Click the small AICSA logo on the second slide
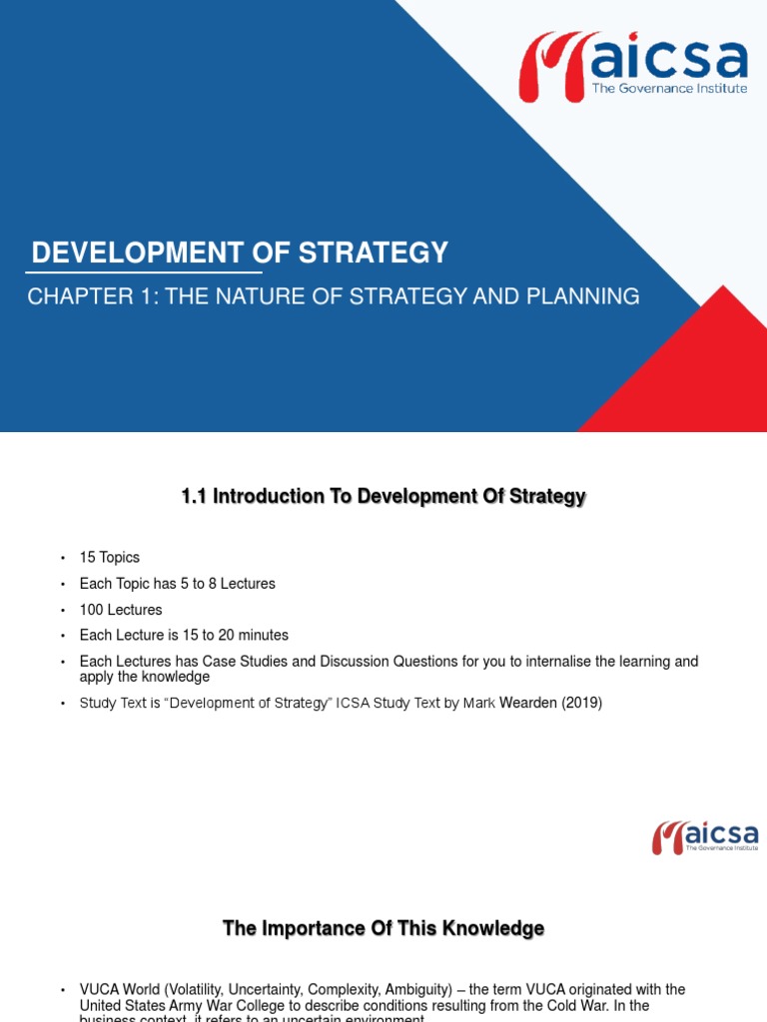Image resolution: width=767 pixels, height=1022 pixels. click(x=705, y=836)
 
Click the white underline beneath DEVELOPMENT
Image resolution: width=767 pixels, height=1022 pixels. click(x=144, y=271)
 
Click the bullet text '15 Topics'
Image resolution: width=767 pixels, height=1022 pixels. click(x=110, y=557)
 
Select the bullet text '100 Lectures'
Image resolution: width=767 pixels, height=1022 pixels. click(x=121, y=609)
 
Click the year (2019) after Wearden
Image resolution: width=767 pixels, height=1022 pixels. click(x=581, y=703)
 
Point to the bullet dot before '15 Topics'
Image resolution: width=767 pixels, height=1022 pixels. click(x=61, y=558)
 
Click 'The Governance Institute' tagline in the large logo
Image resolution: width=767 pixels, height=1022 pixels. click(x=669, y=88)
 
